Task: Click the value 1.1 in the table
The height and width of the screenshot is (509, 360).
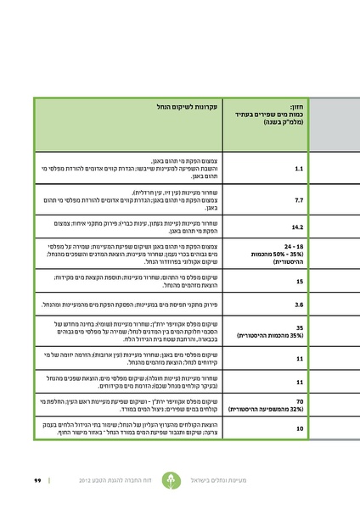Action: (x=299, y=169)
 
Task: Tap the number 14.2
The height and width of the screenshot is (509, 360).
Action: (x=297, y=228)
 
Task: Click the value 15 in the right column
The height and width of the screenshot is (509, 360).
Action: (x=300, y=281)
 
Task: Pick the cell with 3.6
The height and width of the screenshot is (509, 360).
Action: (x=299, y=304)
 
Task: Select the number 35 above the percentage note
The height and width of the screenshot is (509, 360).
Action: (x=300, y=326)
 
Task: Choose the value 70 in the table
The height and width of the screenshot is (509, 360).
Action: (x=300, y=399)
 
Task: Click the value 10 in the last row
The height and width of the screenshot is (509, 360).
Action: (x=300, y=429)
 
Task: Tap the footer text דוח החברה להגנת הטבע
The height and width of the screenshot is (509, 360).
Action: (x=137, y=480)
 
